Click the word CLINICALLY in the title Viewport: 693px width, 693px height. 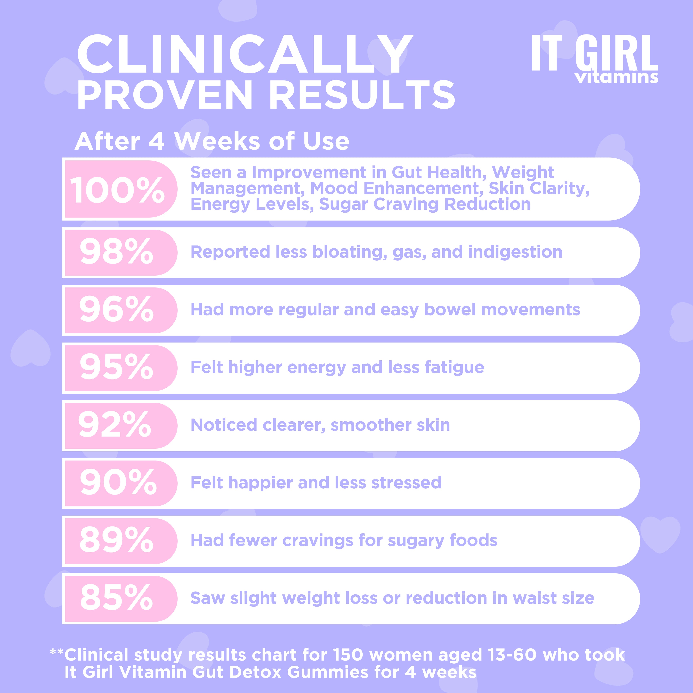[245, 55]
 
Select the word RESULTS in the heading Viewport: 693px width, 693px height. [362, 95]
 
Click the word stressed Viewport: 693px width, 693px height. [406, 482]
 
